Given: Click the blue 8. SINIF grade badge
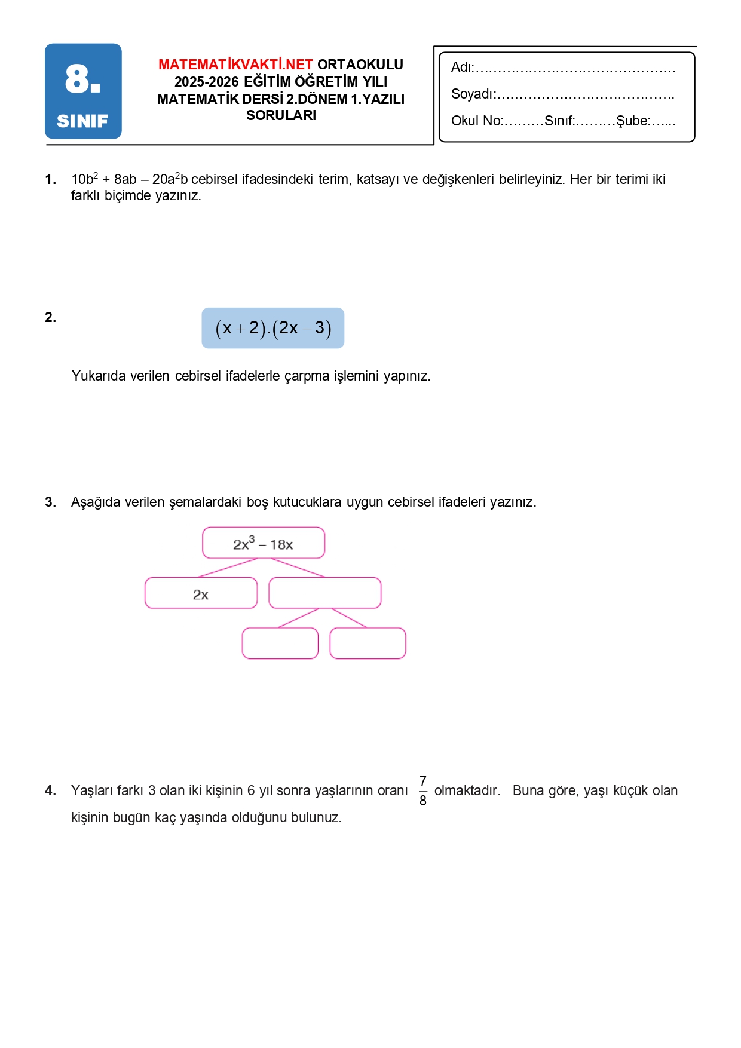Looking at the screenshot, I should (x=83, y=91).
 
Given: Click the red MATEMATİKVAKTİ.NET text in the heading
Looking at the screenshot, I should (x=235, y=65).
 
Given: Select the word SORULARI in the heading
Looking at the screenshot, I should (x=281, y=115).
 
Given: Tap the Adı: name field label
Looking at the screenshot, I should (x=462, y=68).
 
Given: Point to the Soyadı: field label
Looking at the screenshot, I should (x=473, y=94).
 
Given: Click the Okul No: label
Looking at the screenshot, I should (x=477, y=121).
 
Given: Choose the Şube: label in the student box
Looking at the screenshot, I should (x=633, y=121).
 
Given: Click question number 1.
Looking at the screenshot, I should (x=51, y=179).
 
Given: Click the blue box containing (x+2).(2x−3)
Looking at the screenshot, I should (x=272, y=328).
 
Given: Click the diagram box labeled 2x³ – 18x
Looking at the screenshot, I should (x=264, y=543).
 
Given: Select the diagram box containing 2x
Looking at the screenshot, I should (x=201, y=593).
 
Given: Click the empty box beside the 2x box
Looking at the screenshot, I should (x=324, y=593).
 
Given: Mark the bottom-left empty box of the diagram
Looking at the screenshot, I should (x=280, y=643).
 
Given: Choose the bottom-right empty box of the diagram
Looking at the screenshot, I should (x=368, y=643).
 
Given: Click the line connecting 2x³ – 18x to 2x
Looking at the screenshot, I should (x=228, y=568).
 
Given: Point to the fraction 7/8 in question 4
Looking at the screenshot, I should (x=423, y=790).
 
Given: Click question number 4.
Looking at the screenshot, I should (x=51, y=791).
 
